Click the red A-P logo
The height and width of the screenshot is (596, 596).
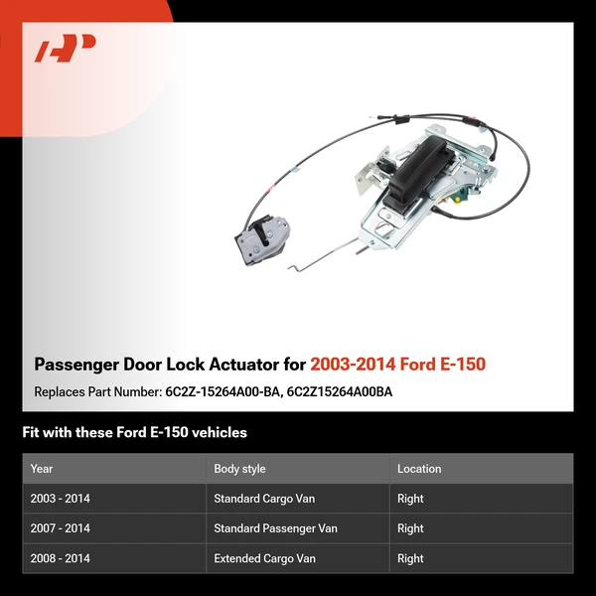pyautogui.click(x=67, y=49)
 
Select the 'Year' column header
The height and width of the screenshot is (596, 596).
pyautogui.click(x=42, y=469)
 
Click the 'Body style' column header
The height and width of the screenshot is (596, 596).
pyautogui.click(x=239, y=469)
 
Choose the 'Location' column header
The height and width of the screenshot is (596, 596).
pyautogui.click(x=419, y=469)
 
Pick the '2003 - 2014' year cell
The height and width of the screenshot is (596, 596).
pyautogui.click(x=60, y=499)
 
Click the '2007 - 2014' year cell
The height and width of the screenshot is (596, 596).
pyautogui.click(x=60, y=528)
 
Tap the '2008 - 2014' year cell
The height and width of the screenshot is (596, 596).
pyautogui.click(x=60, y=558)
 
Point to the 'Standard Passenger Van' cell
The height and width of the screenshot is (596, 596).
pyautogui.click(x=275, y=528)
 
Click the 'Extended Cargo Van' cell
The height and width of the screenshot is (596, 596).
pyautogui.click(x=264, y=558)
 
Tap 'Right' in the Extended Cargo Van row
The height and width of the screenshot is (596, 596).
pyautogui.click(x=410, y=558)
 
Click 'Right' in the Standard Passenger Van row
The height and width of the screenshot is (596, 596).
pyautogui.click(x=410, y=528)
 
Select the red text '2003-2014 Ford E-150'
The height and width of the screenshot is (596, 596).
pyautogui.click(x=397, y=365)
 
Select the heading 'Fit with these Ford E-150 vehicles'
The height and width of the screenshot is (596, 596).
pyautogui.click(x=134, y=432)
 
